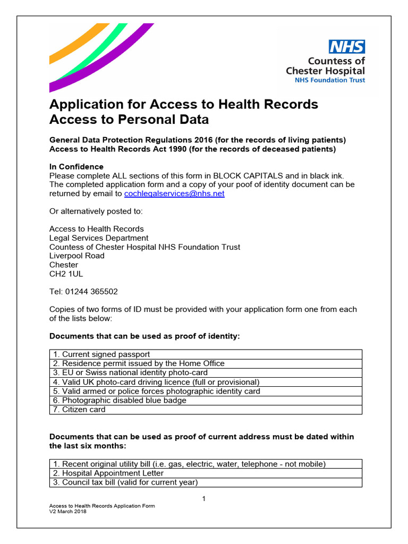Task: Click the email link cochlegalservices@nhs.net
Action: [x=174, y=194]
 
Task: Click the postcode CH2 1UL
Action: [x=66, y=274]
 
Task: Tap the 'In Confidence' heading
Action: [x=76, y=167]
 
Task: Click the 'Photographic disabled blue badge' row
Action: [x=120, y=401]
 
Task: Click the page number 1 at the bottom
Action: [x=203, y=498]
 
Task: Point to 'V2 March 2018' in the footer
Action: [x=67, y=512]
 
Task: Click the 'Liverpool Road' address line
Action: [x=77, y=256]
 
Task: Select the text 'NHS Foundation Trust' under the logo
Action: [x=330, y=80]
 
